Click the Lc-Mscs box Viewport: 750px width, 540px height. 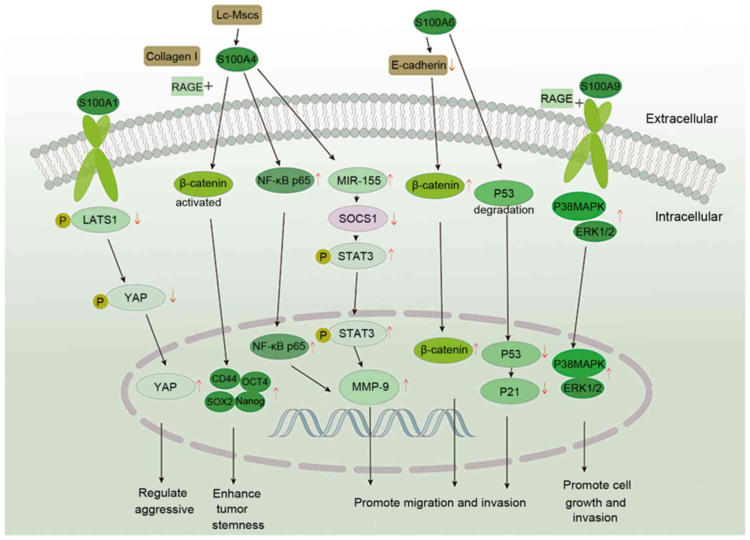pyautogui.click(x=237, y=15)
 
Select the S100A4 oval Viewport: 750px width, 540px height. pyautogui.click(x=237, y=59)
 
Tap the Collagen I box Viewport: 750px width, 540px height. pyautogui.click(x=172, y=56)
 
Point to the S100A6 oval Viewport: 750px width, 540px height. pyautogui.click(x=435, y=22)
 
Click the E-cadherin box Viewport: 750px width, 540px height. pyautogui.click(x=418, y=65)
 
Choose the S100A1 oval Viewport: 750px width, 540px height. pyautogui.click(x=98, y=103)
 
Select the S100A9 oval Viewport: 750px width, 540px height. pyautogui.click(x=600, y=86)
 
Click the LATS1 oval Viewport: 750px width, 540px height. pyautogui.click(x=100, y=219)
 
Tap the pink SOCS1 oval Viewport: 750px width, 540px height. pyautogui.click(x=358, y=218)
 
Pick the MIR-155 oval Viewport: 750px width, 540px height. pyautogui.click(x=358, y=181)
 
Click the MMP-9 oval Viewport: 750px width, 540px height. pyautogui.click(x=369, y=387)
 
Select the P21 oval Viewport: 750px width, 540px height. pyautogui.click(x=510, y=391)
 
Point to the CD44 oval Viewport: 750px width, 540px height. pyautogui.click(x=224, y=379)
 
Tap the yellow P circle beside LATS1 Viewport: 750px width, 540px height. pyautogui.click(x=63, y=221)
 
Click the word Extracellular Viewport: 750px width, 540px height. pyautogui.click(x=681, y=118)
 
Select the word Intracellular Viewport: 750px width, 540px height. pyautogui.click(x=688, y=216)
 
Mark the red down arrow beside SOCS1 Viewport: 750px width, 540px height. pyautogui.click(x=394, y=219)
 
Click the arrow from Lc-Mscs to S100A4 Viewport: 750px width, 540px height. pyautogui.click(x=236, y=37)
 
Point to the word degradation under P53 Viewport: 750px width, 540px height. pyautogui.click(x=504, y=210)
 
